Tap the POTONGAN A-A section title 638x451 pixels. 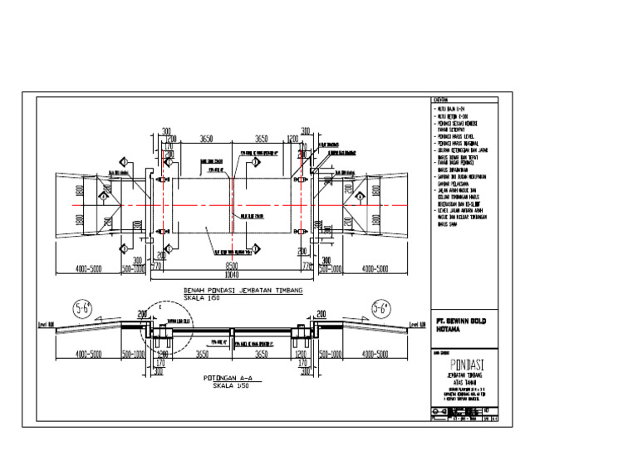click(226, 379)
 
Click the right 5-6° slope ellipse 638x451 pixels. click(380, 310)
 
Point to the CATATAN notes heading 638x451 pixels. click(439, 99)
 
